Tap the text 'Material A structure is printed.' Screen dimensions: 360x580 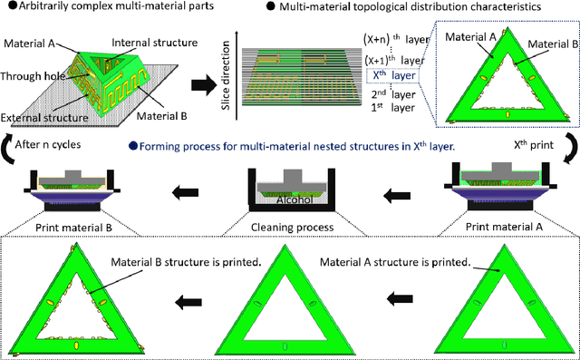pos(397,262)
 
